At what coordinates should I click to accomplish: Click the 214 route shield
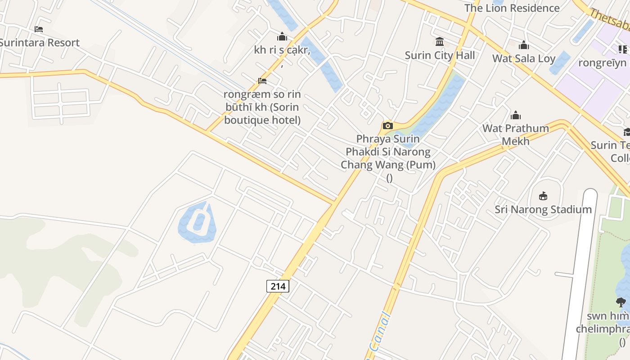[x=278, y=286]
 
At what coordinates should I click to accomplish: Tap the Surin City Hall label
[x=440, y=55]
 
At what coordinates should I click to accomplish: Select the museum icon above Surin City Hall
[x=440, y=42]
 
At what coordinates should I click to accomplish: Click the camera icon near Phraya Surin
[x=387, y=126]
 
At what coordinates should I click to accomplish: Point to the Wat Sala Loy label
[x=524, y=58]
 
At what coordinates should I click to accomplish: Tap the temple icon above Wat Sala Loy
[x=524, y=45]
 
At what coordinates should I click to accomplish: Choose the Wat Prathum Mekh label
[x=516, y=135]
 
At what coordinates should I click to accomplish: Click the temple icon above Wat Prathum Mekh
[x=516, y=115]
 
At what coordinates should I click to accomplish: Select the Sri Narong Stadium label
[x=543, y=209]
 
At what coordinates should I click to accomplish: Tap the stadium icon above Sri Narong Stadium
[x=543, y=196]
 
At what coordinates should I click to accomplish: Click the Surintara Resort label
[x=39, y=43]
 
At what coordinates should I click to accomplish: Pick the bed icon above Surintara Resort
[x=39, y=29]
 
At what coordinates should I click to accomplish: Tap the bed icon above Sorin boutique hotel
[x=262, y=81]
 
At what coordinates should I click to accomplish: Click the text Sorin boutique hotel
[x=262, y=114]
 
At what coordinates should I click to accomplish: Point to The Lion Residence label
[x=512, y=8]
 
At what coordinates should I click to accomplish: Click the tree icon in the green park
[x=621, y=302]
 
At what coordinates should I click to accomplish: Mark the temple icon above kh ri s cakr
[x=282, y=36]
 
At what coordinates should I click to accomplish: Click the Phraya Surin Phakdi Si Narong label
[x=388, y=152]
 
